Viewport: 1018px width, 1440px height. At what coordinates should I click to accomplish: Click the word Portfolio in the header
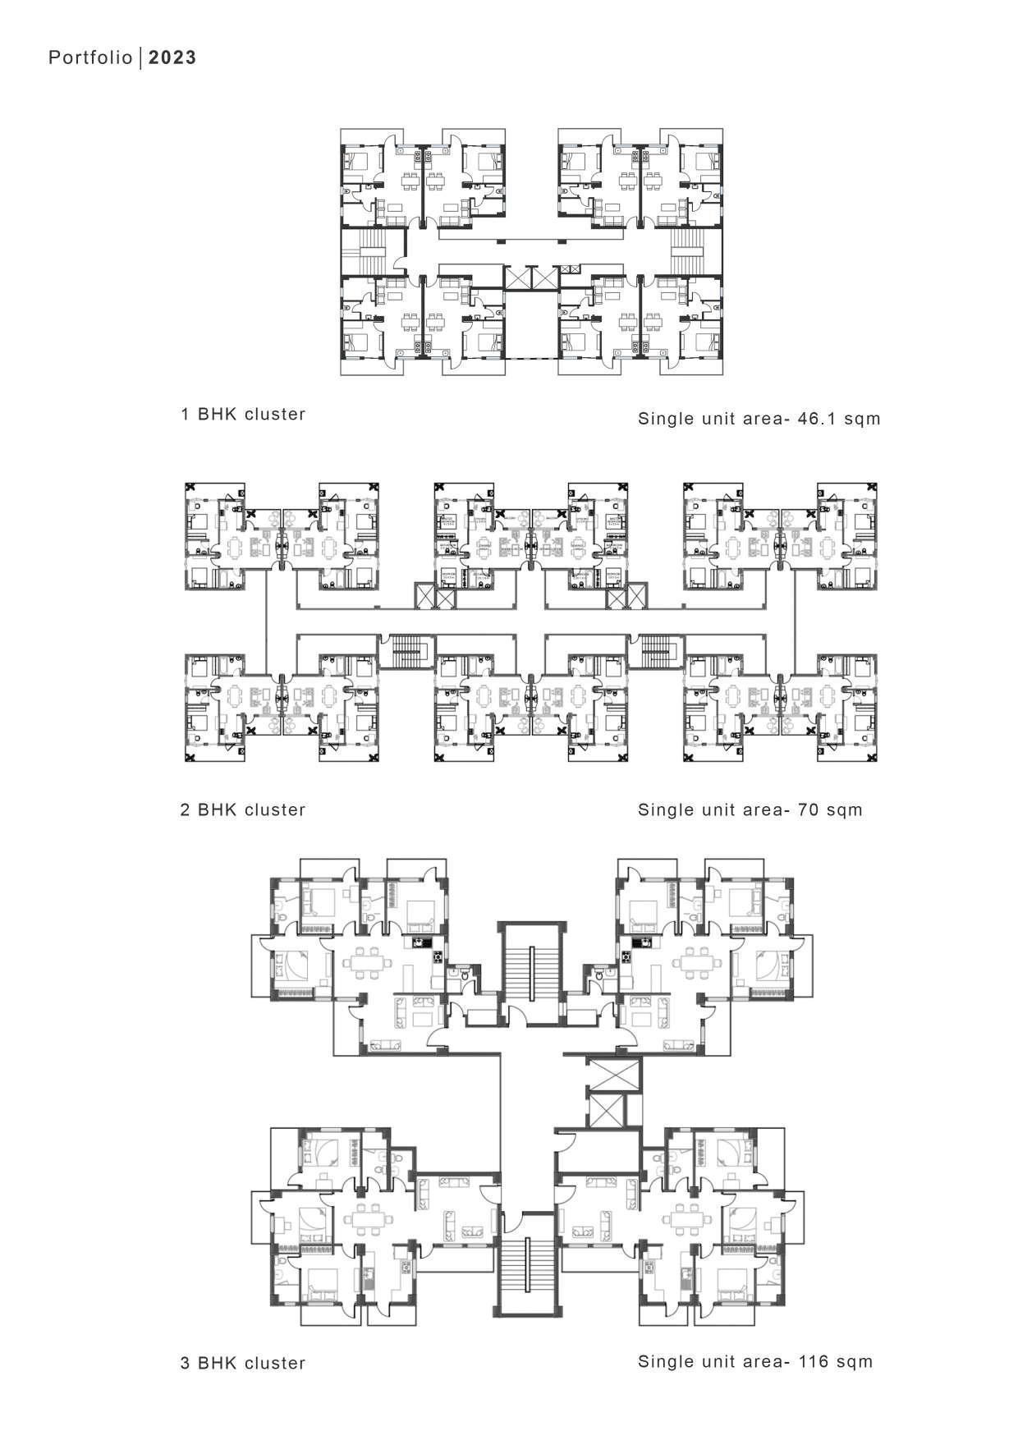click(x=89, y=57)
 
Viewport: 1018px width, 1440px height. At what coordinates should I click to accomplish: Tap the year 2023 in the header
click(x=172, y=57)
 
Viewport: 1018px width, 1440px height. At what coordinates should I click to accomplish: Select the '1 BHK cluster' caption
click(x=243, y=415)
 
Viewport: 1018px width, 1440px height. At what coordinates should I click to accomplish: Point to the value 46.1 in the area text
click(x=817, y=419)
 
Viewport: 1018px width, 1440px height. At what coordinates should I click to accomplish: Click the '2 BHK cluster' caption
click(x=243, y=810)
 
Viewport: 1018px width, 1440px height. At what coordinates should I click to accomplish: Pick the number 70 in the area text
click(x=809, y=810)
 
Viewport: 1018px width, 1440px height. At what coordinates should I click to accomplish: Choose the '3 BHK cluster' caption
click(x=243, y=1364)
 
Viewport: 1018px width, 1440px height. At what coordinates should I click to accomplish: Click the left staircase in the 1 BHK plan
click(x=360, y=250)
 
